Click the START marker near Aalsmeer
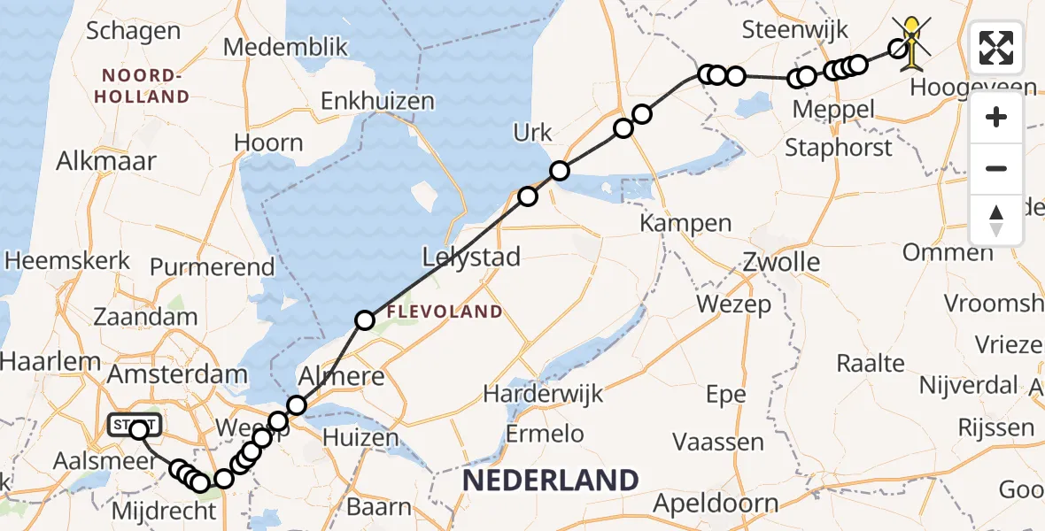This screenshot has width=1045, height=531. [135, 426]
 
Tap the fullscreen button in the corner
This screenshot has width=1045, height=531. [996, 48]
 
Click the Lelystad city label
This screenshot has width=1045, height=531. [471, 258]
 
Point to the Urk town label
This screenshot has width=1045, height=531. [532, 134]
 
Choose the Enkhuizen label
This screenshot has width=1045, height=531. [377, 101]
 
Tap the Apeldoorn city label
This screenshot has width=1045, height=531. [716, 504]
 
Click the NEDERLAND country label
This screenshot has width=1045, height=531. [550, 481]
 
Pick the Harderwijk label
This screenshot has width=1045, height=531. [544, 393]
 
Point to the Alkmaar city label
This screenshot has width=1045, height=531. [105, 161]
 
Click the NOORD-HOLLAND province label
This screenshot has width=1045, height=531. [145, 86]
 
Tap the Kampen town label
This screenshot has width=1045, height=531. [687, 223]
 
